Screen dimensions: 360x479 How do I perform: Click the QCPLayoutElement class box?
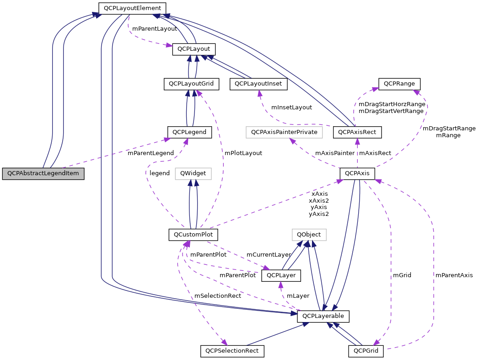tap(132, 8)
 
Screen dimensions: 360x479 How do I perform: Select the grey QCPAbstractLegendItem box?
tap(43, 174)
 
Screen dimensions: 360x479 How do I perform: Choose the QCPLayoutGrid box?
tap(191, 84)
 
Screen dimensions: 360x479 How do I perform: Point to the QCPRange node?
tap(399, 84)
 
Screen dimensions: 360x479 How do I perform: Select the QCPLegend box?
tap(189, 132)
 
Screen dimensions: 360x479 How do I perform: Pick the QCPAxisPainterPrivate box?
tap(284, 132)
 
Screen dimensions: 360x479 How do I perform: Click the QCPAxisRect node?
tap(357, 132)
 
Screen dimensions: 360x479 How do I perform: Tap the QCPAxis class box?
tap(357, 173)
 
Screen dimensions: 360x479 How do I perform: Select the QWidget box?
tap(193, 173)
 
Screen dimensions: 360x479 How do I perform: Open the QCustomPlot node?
tap(193, 235)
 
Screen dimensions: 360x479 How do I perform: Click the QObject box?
tap(309, 235)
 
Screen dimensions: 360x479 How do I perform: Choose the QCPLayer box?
tap(281, 275)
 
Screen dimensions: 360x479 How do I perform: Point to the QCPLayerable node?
tap(323, 316)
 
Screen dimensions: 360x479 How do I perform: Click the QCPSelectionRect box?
tap(232, 351)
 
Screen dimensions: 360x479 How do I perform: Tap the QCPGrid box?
tap(366, 351)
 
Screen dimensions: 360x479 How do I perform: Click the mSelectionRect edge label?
tap(218, 296)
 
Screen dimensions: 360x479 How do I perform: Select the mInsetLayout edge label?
tap(291, 107)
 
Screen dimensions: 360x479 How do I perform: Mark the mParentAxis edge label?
tap(454, 275)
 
